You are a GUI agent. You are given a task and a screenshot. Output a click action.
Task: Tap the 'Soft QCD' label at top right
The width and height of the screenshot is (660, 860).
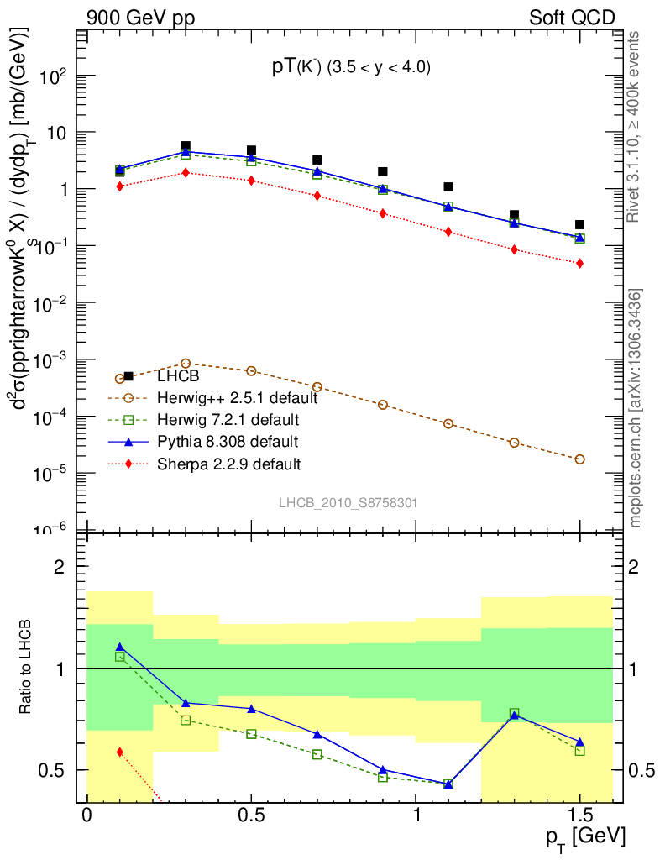(572, 18)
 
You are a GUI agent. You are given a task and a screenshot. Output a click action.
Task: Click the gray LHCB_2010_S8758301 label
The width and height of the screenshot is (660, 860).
(348, 502)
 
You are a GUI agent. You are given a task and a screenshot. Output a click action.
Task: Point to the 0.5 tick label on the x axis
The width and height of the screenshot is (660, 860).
(251, 815)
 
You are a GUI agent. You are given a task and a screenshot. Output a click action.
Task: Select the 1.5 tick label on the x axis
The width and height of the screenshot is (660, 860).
(579, 815)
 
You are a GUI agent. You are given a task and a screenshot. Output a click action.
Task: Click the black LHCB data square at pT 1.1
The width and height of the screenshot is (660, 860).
(448, 186)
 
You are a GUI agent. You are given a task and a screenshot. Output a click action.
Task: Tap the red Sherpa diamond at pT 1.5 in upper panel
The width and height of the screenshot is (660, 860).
(579, 263)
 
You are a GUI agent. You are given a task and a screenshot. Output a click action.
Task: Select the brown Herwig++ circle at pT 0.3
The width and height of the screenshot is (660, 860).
(186, 363)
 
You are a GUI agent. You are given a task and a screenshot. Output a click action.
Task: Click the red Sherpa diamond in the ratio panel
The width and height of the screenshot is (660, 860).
(120, 752)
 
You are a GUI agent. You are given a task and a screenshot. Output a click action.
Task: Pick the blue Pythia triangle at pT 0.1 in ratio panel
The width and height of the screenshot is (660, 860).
(120, 647)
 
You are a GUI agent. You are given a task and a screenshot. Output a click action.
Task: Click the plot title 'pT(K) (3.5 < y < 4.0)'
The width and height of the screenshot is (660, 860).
(351, 69)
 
